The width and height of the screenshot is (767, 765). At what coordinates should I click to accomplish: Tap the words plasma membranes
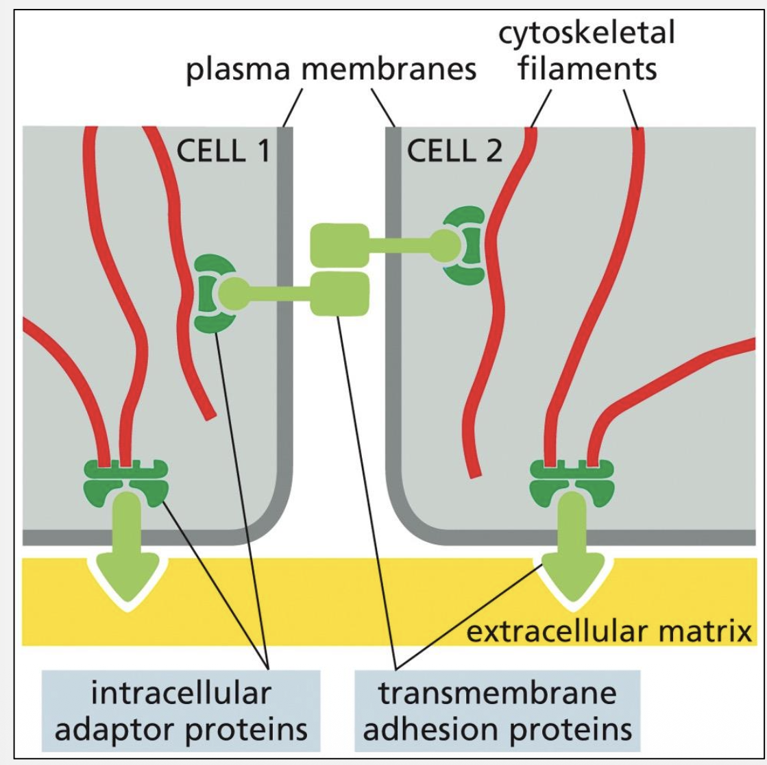(332, 70)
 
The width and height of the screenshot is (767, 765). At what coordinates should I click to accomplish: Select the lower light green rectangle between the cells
(339, 293)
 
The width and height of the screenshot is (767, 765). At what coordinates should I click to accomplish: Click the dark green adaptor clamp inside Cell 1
(208, 293)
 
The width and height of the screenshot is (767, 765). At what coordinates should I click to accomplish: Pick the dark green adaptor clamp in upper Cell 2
(463, 245)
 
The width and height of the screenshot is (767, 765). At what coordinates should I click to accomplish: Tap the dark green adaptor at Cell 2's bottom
(572, 478)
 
